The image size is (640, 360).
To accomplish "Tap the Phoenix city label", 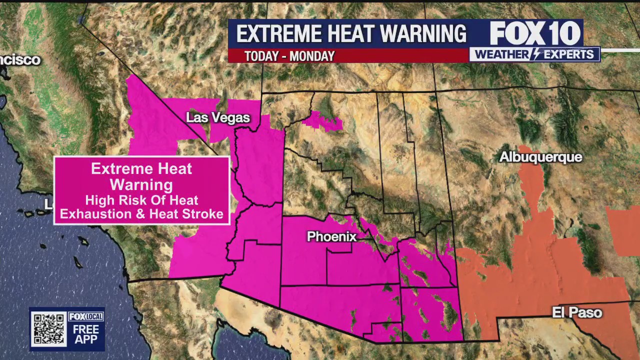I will pyautogui.click(x=331, y=236).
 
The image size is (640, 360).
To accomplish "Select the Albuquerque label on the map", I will pyautogui.click(x=540, y=157).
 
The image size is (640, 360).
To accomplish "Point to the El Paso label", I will pyautogui.click(x=576, y=313).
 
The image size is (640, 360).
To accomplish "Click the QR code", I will pyautogui.click(x=48, y=328).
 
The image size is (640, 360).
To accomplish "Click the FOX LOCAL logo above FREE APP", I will pyautogui.click(x=86, y=316).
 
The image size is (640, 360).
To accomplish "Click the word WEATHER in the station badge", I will pyautogui.click(x=501, y=54).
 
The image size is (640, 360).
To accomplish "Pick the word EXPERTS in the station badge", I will pyautogui.click(x=568, y=54).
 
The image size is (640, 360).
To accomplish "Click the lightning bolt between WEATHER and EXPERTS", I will pyautogui.click(x=535, y=54).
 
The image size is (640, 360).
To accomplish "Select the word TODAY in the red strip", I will pyautogui.click(x=261, y=56).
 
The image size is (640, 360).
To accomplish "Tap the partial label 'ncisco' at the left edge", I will pyautogui.click(x=20, y=60).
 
